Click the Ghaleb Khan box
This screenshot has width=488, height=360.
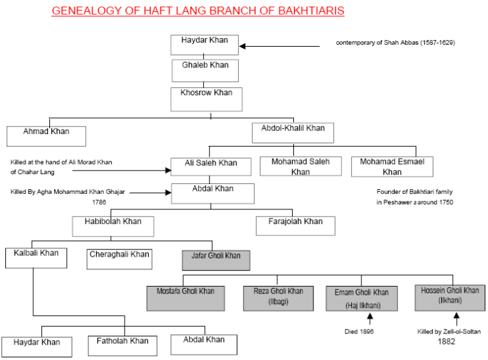tap(205, 71)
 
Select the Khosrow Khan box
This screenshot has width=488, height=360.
tap(207, 99)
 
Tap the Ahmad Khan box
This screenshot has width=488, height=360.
tap(47, 136)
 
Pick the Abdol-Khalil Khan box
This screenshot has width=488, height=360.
tap(293, 133)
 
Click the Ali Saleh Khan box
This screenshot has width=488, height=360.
tap(211, 167)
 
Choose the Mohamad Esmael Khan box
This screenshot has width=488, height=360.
tap(392, 167)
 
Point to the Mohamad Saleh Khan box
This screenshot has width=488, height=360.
tap(301, 166)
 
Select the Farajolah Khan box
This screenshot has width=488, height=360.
tap(295, 226)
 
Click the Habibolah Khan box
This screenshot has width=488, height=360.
tap(113, 226)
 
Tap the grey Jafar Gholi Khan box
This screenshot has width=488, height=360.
tap(216, 260)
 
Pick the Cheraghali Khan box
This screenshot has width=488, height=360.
tap(119, 259)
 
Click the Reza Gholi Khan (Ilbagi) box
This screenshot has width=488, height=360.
tap(279, 299)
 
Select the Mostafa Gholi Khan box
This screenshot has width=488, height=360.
tap(186, 299)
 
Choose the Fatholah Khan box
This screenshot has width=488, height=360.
tap(123, 346)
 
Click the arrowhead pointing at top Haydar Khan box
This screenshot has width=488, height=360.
tap(243, 47)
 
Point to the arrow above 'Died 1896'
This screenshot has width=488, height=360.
tap(370, 319)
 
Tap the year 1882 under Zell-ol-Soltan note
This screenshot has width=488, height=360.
tap(446, 341)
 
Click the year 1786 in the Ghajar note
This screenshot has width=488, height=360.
tap(99, 202)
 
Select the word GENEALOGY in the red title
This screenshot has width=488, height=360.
tap(86, 11)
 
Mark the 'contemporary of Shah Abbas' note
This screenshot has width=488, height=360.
tap(395, 43)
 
